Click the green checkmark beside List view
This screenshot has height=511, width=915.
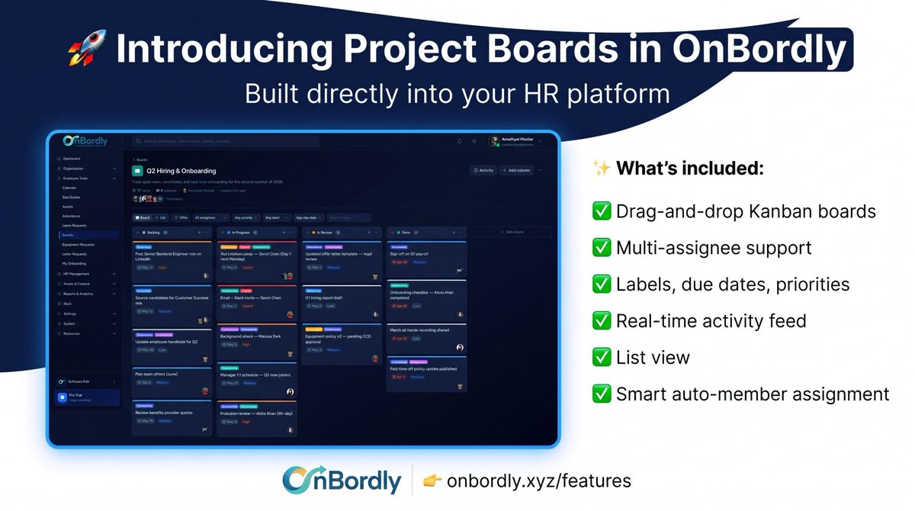(602, 357)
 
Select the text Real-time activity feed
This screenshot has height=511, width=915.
(711, 320)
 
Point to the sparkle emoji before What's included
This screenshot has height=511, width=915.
(600, 169)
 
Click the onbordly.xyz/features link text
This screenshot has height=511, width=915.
(539, 480)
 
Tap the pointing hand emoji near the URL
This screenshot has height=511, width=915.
(432, 480)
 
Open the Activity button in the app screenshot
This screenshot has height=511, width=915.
(483, 171)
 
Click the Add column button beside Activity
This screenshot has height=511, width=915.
(516, 171)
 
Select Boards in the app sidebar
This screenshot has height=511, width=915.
(67, 235)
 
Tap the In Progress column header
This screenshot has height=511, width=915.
(241, 232)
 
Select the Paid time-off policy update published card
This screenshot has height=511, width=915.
(424, 368)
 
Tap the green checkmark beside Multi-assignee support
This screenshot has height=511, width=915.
(602, 247)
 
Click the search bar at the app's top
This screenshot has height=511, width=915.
(225, 141)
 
